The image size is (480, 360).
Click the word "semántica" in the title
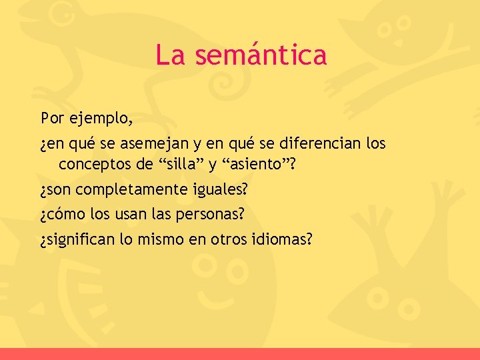coord(261,55)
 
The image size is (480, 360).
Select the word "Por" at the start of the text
coord(52,119)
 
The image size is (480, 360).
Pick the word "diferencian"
coord(315,144)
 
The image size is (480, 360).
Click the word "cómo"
coord(63,215)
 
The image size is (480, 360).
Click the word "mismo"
coord(162,239)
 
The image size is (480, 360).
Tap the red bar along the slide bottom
coord(240,354)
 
